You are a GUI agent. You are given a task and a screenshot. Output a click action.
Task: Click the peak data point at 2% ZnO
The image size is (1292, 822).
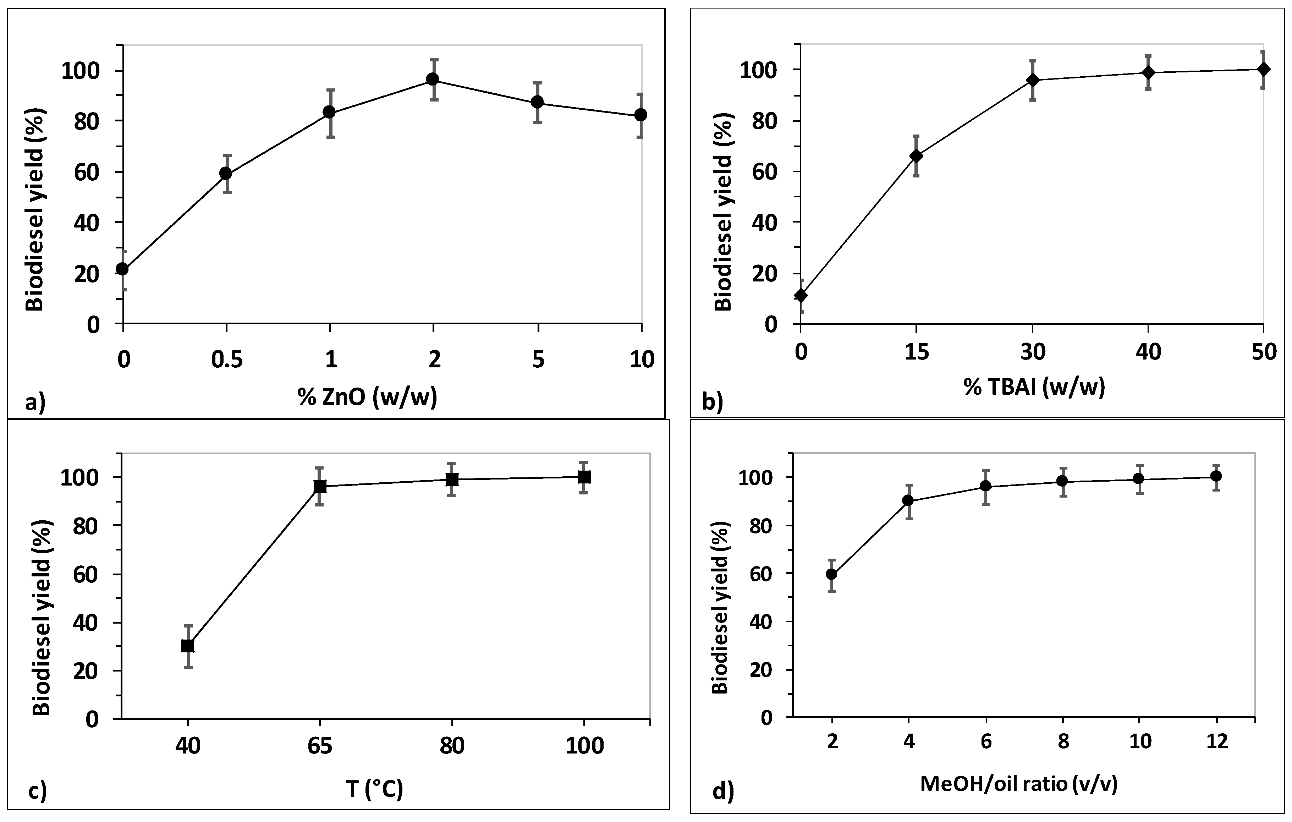[433, 80]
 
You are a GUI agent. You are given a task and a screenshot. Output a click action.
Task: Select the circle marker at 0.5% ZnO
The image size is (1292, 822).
[226, 173]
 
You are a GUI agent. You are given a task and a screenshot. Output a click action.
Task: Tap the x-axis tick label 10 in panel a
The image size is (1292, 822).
[641, 360]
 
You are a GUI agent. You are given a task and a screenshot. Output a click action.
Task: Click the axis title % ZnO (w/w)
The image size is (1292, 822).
[368, 397]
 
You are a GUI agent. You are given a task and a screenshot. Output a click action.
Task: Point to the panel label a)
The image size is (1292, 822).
[35, 402]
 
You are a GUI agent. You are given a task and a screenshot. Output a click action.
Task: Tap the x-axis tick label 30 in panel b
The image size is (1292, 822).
[1032, 352]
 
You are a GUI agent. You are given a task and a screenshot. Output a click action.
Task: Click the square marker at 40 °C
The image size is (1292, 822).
[188, 646]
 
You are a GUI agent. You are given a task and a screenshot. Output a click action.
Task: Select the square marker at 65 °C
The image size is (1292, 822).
[320, 486]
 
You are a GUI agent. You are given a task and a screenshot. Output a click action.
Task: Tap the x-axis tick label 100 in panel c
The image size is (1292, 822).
[584, 746]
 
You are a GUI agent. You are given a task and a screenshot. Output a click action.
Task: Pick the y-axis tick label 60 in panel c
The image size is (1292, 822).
[86, 574]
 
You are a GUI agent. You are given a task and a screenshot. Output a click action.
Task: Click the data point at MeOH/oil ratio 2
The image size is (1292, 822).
[832, 574]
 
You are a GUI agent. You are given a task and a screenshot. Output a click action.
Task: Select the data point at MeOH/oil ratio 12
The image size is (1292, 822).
[1216, 476]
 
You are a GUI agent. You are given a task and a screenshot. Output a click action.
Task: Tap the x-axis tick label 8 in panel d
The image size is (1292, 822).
[1063, 742]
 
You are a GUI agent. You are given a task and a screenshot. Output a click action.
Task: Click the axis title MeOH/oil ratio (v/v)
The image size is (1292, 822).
[1019, 784]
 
